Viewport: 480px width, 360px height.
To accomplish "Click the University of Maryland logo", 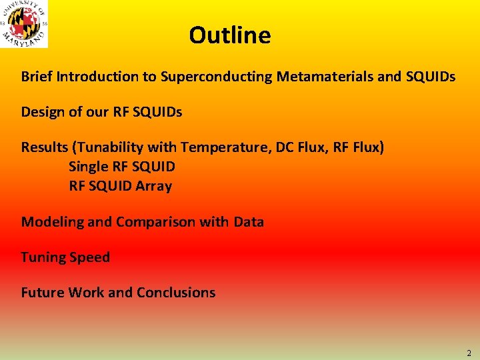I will tap(25, 24).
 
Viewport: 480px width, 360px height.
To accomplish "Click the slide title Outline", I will tap(229, 35).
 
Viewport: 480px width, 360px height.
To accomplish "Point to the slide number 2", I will tap(469, 353).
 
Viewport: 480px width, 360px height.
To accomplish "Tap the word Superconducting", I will tap(217, 77).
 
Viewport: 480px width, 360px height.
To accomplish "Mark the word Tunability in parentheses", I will tap(107, 147).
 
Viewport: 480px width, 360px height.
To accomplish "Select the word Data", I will tap(249, 222).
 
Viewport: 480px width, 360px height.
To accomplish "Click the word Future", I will tap(42, 292).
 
